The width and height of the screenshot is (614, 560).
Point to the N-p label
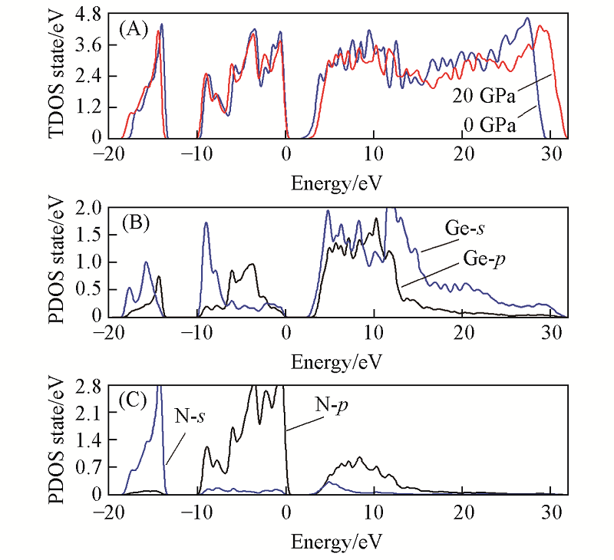click(332, 404)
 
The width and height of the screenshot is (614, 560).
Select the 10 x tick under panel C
click(373, 510)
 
